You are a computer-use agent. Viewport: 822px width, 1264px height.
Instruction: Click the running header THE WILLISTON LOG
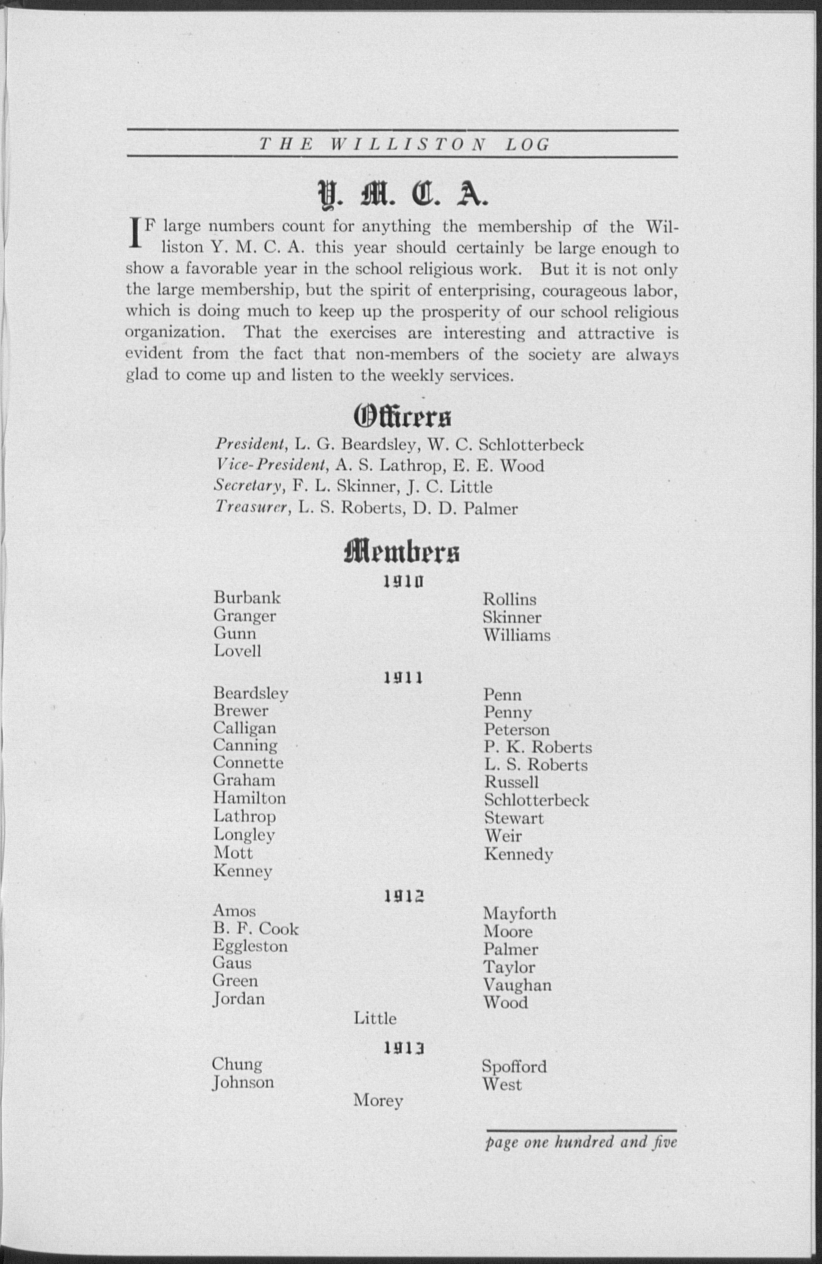pyautogui.click(x=403, y=145)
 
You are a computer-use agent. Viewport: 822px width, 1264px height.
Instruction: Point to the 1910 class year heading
pyautogui.click(x=403, y=583)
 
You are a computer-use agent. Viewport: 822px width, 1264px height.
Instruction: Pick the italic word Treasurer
pyautogui.click(x=252, y=508)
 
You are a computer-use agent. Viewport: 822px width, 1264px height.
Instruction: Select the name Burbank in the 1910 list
pyautogui.click(x=247, y=598)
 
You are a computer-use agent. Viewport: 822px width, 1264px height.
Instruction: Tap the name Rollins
pyautogui.click(x=509, y=600)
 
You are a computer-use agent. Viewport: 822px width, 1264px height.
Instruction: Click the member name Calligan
pyautogui.click(x=244, y=728)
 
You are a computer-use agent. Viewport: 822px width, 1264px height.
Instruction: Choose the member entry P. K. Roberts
pyautogui.click(x=537, y=747)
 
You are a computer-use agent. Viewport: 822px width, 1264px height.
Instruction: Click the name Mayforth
pyautogui.click(x=519, y=914)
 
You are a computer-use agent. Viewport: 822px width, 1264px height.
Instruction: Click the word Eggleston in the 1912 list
pyautogui.click(x=250, y=946)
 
